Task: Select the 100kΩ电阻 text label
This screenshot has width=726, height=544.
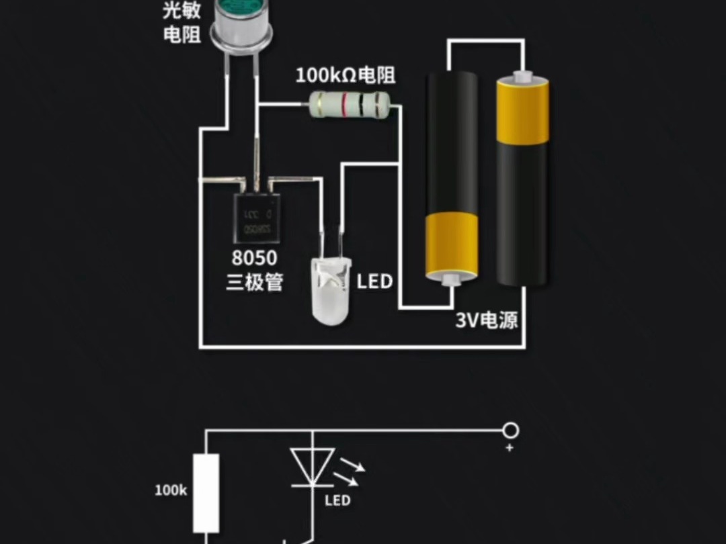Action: pyautogui.click(x=346, y=75)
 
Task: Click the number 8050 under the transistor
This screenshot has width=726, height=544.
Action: pyautogui.click(x=254, y=259)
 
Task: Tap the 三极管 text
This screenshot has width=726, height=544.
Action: pyautogui.click(x=254, y=283)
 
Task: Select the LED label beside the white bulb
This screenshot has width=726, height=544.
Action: pyautogui.click(x=374, y=281)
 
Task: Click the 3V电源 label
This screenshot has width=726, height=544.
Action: pyautogui.click(x=487, y=320)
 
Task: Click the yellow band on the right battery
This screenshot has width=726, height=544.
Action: pyautogui.click(x=522, y=110)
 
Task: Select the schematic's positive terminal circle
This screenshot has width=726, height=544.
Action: pyautogui.click(x=510, y=429)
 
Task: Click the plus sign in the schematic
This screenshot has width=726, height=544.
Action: pyautogui.click(x=509, y=448)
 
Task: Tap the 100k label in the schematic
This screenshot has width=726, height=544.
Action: pyautogui.click(x=171, y=490)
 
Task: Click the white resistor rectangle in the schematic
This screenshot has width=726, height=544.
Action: pyautogui.click(x=206, y=493)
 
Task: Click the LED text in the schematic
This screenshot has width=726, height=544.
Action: pyautogui.click(x=337, y=500)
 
